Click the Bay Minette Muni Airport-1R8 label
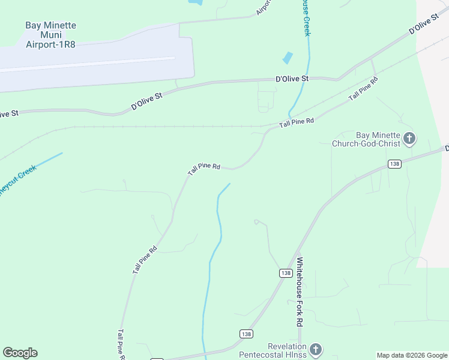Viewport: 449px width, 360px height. click(50, 35)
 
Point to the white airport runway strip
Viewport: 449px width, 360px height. click(90, 64)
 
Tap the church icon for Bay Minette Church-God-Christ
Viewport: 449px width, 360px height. click(409, 139)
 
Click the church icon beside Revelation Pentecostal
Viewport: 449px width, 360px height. click(316, 349)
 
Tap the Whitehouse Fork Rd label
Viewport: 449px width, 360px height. click(300, 292)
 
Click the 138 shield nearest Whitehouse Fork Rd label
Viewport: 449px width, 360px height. click(285, 273)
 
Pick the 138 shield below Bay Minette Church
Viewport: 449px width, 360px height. click(394, 164)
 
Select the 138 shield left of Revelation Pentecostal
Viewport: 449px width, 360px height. click(246, 334)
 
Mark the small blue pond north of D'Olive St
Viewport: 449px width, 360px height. click(288, 58)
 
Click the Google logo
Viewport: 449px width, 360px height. click(20, 353)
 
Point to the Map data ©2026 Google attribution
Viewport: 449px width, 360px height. click(411, 355)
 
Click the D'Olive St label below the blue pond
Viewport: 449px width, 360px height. click(292, 79)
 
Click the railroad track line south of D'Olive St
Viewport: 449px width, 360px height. click(180, 127)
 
